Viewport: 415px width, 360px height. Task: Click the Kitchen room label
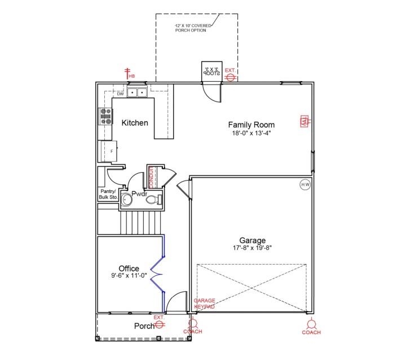coord(135,122)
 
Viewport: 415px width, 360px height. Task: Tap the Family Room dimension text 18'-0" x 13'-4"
coord(251,134)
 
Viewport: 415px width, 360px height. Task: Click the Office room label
coord(129,269)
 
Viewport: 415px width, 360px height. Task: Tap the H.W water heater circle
coord(305,185)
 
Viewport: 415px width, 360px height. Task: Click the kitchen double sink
coord(136,92)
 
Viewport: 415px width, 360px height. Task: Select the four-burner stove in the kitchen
coord(105,116)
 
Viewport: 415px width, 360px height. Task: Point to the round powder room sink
coord(127,199)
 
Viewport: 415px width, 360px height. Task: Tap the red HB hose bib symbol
coord(128,74)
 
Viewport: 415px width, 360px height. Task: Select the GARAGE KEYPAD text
coord(204,304)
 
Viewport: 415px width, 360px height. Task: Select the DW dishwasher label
coord(120,94)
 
